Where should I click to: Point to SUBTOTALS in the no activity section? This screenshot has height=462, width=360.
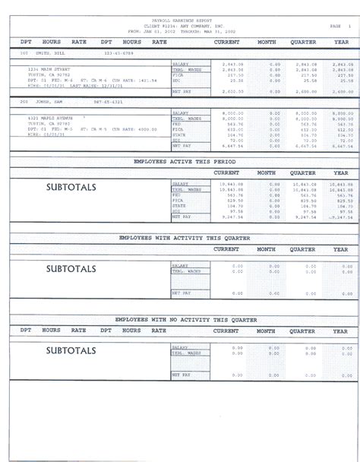pos(71,350)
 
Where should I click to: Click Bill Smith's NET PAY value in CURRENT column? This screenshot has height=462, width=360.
pos(234,90)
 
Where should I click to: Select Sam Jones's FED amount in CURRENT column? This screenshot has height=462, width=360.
pos(234,124)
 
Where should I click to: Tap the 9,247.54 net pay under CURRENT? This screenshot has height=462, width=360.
pos(234,217)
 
